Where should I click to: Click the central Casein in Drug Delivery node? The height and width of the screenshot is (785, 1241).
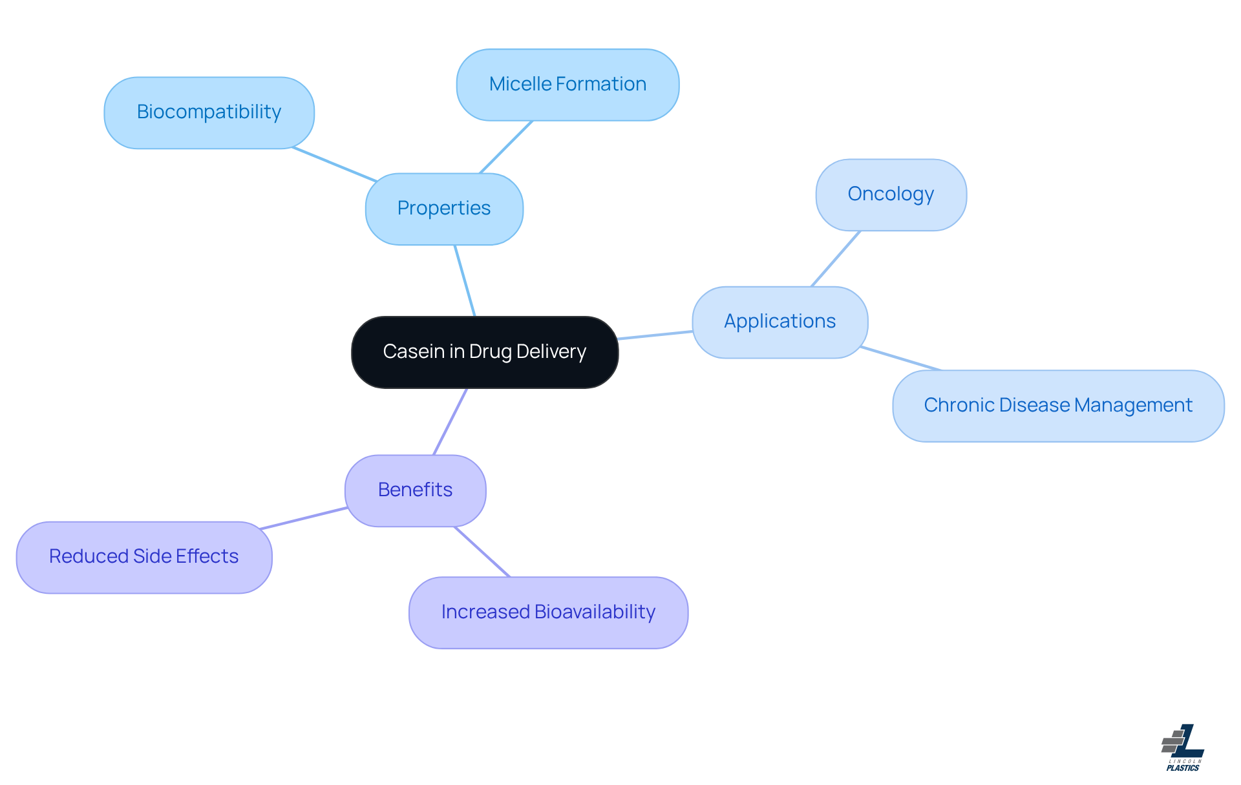485,352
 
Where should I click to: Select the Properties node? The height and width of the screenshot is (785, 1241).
444,209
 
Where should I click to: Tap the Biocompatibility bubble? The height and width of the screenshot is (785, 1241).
209,112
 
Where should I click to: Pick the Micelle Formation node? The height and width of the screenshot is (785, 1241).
567,85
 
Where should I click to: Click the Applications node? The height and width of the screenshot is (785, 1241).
780,322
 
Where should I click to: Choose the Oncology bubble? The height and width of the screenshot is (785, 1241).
891,194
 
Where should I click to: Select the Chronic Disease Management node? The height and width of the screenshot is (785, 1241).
1058,406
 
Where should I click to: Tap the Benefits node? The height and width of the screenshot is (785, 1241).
415,490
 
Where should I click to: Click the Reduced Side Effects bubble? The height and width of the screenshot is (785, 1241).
143,557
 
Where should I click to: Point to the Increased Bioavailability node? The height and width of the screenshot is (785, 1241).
548,612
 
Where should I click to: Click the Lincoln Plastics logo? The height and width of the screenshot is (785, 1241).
1183,748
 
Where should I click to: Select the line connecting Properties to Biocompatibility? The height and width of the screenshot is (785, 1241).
334,164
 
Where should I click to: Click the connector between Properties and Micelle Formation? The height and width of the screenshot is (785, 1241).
506,147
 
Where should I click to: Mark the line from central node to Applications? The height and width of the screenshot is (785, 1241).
655,335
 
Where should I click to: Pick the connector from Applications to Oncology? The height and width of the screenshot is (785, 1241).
836,258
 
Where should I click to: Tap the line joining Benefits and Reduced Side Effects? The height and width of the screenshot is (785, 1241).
304,518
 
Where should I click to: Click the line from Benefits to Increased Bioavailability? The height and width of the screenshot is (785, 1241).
482,552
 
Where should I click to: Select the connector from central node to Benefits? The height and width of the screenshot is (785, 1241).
450,421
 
